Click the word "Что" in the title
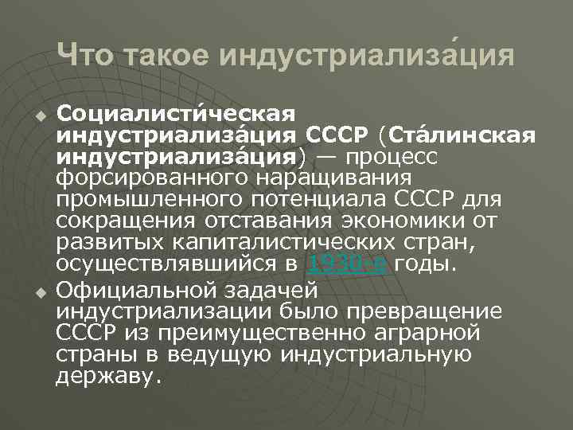[84, 55]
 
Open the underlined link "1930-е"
[348, 264]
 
